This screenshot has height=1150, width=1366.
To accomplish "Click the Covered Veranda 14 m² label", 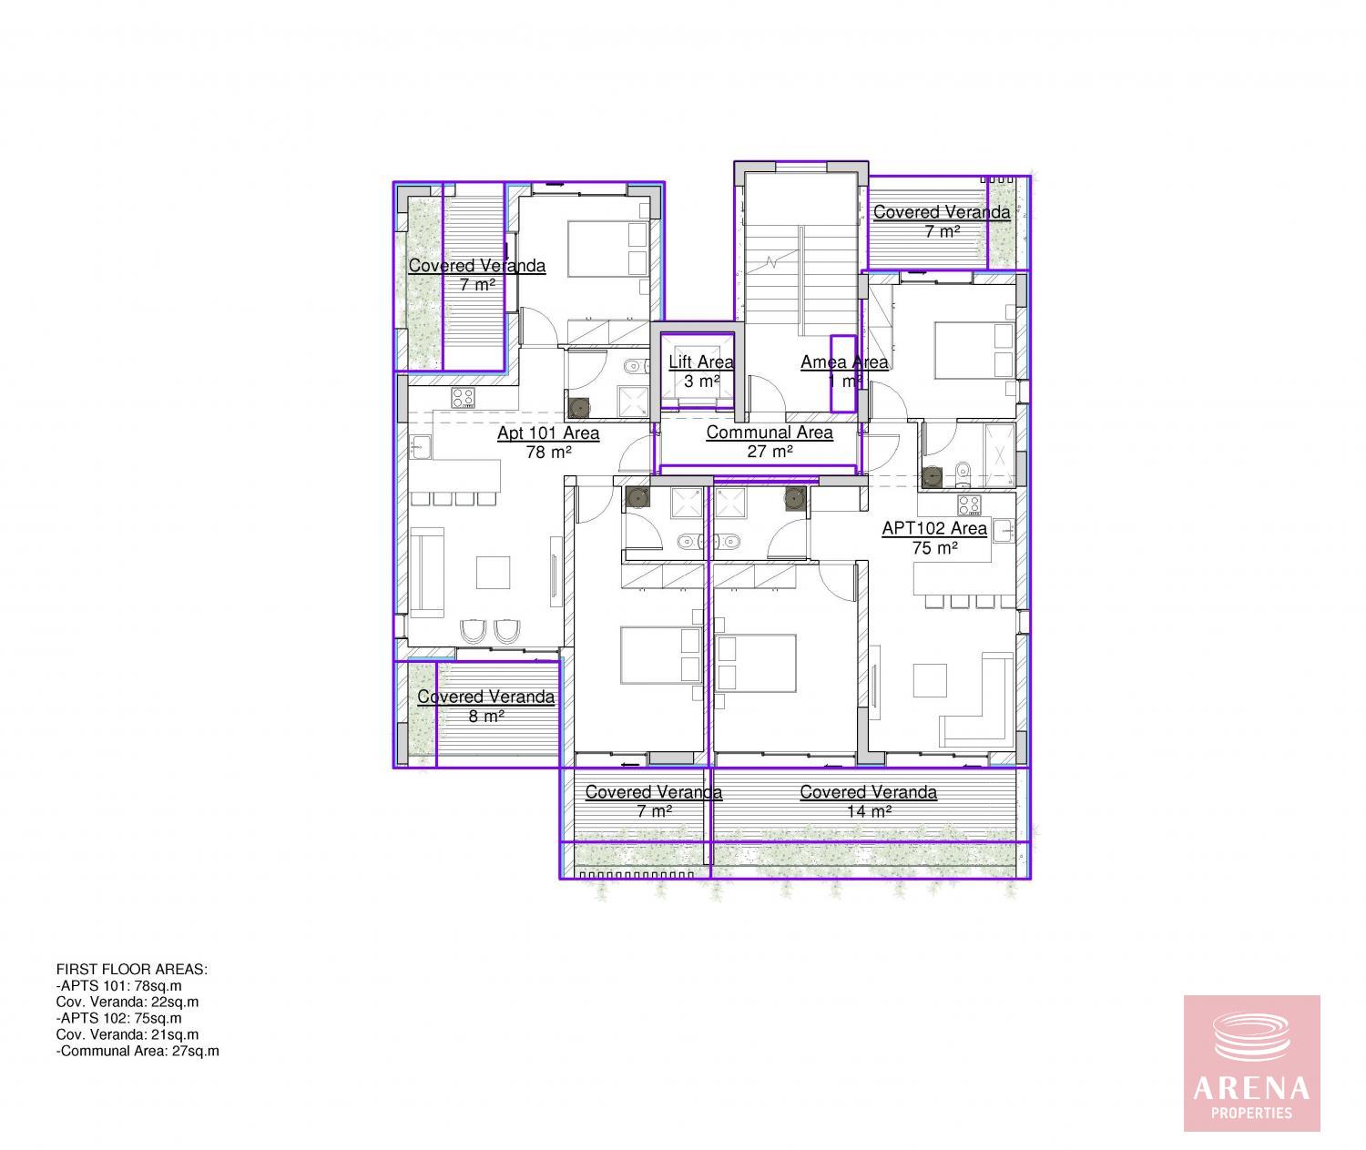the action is [x=868, y=801].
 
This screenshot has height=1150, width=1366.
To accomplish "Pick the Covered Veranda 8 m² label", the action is [x=485, y=707].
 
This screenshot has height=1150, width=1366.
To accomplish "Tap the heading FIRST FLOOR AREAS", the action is [x=131, y=970].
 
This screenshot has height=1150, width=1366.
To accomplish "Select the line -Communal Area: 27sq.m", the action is [x=138, y=1052].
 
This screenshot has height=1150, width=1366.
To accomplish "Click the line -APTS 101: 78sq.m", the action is [x=118, y=986].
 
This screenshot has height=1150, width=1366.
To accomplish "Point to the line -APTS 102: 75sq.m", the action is [x=118, y=1019].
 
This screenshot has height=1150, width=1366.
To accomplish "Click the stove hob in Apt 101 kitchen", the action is [x=464, y=398].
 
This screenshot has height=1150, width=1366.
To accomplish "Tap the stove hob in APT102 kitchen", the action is [x=969, y=505].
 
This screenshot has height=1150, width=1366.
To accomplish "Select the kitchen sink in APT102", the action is [x=1004, y=531].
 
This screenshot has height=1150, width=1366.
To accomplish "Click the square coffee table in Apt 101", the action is [x=493, y=573].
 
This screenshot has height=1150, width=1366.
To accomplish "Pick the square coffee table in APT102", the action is [x=931, y=680].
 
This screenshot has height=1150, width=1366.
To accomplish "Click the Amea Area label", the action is [x=844, y=361].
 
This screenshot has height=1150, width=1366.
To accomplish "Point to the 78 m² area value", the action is [x=548, y=452].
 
